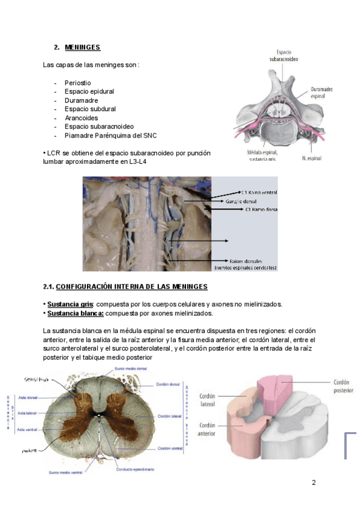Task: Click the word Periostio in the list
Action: coord(78,82)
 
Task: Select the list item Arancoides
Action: coord(81,118)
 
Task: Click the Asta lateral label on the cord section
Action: coord(28,413)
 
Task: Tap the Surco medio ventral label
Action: coord(66,474)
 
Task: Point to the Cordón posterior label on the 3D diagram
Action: coord(342,385)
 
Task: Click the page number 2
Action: coord(313,483)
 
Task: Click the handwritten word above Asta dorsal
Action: coord(35,379)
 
